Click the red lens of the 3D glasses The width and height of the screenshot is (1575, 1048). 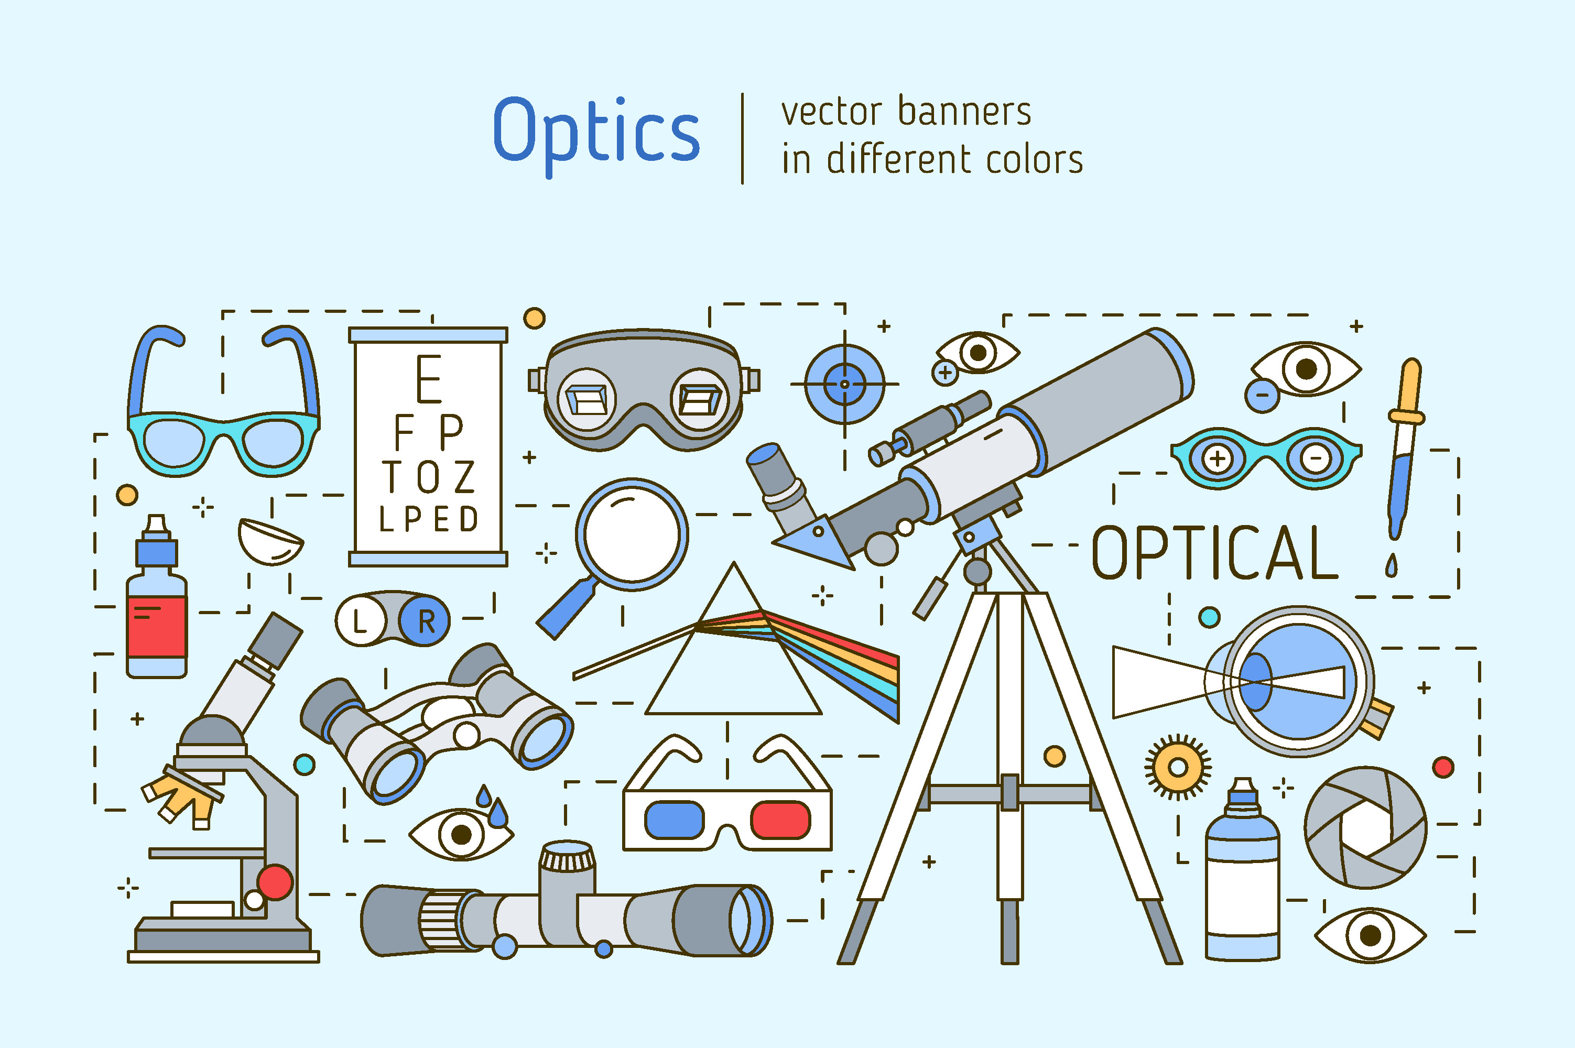click(x=780, y=820)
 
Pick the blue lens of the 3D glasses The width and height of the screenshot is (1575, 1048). click(x=674, y=820)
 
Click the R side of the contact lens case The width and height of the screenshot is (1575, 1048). click(x=426, y=621)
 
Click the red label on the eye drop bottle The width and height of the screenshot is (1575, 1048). click(x=156, y=627)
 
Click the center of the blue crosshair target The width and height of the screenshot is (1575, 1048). click(x=844, y=384)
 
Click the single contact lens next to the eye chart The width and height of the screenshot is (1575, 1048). click(x=270, y=541)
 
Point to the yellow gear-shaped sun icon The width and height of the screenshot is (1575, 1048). click(x=1178, y=767)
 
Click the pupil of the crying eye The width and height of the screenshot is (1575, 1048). click(x=461, y=834)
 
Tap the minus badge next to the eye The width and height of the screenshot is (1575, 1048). click(x=1262, y=395)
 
